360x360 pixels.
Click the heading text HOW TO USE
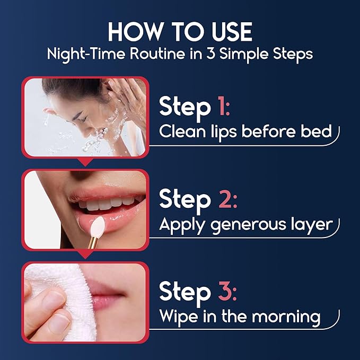(180, 32)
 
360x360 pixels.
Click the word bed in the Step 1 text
(317, 131)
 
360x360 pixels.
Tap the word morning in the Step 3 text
(288, 317)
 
